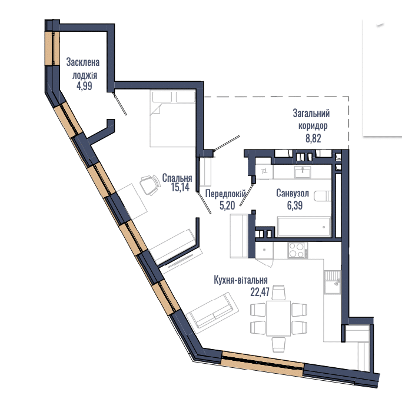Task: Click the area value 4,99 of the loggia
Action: tap(84, 86)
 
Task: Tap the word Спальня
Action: tap(177, 178)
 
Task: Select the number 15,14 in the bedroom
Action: tap(180, 187)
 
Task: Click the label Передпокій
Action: tap(225, 194)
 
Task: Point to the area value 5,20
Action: tap(227, 205)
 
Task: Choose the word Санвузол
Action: tap(293, 194)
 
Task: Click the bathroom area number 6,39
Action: tap(295, 205)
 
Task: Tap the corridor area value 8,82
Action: tap(313, 138)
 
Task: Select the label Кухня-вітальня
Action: tap(241, 280)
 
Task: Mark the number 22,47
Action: tap(260, 292)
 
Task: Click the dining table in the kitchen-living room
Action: tap(278, 318)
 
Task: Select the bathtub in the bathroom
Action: tap(304, 227)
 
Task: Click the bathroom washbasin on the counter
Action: tap(303, 172)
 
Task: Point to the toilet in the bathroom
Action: tap(323, 197)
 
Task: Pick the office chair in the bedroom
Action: tap(150, 185)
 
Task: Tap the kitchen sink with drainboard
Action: tap(333, 282)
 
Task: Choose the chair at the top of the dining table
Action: tap(278, 292)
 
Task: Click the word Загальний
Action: tap(311, 114)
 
